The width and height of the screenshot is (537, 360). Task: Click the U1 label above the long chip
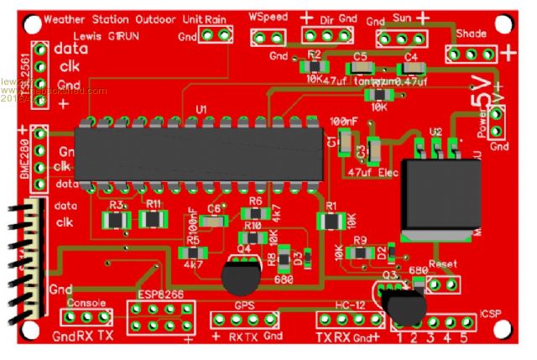pyautogui.click(x=201, y=111)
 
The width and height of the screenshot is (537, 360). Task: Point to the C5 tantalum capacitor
pyautogui.click(x=360, y=68)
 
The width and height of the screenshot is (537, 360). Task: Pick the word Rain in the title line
pyautogui.click(x=213, y=18)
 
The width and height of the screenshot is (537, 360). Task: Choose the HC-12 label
pyautogui.click(x=347, y=305)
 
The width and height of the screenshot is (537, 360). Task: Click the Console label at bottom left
pyautogui.click(x=85, y=302)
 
